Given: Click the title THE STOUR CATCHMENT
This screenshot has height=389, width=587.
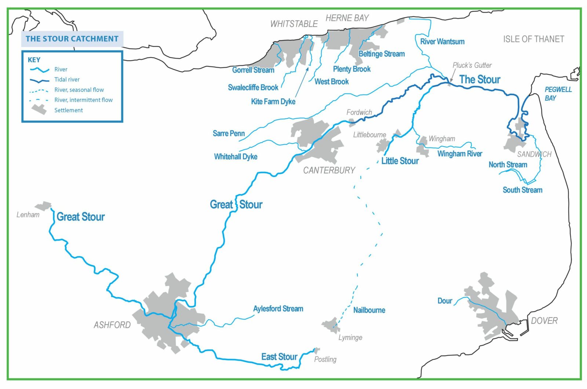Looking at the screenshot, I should coord(72,39).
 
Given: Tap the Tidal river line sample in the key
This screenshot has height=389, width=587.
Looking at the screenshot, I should coord(39,80).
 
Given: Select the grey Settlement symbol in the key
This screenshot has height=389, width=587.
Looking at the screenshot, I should coord(39,109).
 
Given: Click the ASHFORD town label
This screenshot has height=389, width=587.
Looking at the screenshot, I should coord(112,325).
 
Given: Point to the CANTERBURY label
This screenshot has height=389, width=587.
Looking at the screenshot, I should coord(329,170).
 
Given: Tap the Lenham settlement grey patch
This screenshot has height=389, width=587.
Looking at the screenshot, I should coord(43,206).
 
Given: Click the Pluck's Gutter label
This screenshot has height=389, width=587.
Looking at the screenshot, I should coord(472,65).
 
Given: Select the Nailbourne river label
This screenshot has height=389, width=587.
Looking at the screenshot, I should coord(369,310).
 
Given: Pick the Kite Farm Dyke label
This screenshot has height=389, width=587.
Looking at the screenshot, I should coord(273,101).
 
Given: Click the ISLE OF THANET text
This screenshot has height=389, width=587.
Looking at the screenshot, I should coord(533,39).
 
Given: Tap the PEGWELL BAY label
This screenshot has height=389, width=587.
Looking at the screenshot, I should coord(558,94).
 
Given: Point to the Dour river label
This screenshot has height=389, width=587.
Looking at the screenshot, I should coord(445,301).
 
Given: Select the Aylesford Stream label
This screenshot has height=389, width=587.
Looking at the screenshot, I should coord(278,309).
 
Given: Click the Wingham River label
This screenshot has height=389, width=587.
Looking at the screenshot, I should coord(460,154).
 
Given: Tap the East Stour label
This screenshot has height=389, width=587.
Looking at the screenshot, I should coord(279,357).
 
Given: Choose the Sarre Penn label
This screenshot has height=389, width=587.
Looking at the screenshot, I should coord(229,133).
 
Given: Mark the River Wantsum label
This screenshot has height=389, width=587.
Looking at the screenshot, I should coord(442,42).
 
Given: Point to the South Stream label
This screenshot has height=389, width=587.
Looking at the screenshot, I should coord(522,190).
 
